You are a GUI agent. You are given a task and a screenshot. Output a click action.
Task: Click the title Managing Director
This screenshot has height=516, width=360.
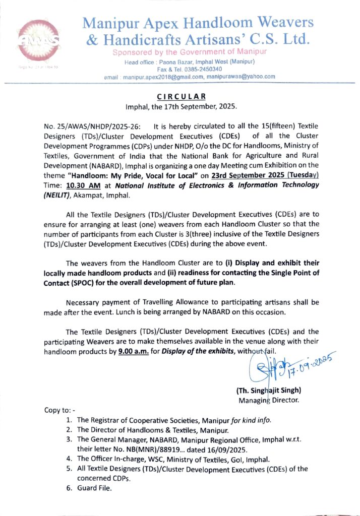point(269,401)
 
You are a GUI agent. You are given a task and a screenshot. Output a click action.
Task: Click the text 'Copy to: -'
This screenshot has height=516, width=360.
point(59,410)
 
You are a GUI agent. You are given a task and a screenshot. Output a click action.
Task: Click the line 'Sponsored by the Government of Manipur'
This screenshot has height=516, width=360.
point(189,52)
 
